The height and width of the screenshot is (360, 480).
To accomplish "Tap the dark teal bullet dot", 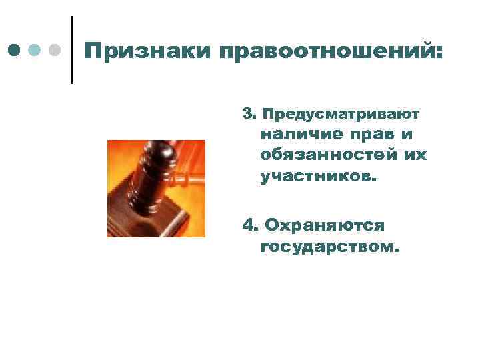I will (14, 50).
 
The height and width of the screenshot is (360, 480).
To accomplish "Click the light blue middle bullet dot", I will (35, 50).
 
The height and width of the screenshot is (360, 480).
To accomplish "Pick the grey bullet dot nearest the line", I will (55, 50).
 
